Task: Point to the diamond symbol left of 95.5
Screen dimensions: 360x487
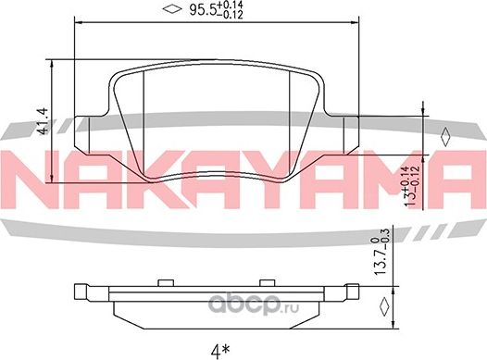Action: point(169,11)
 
